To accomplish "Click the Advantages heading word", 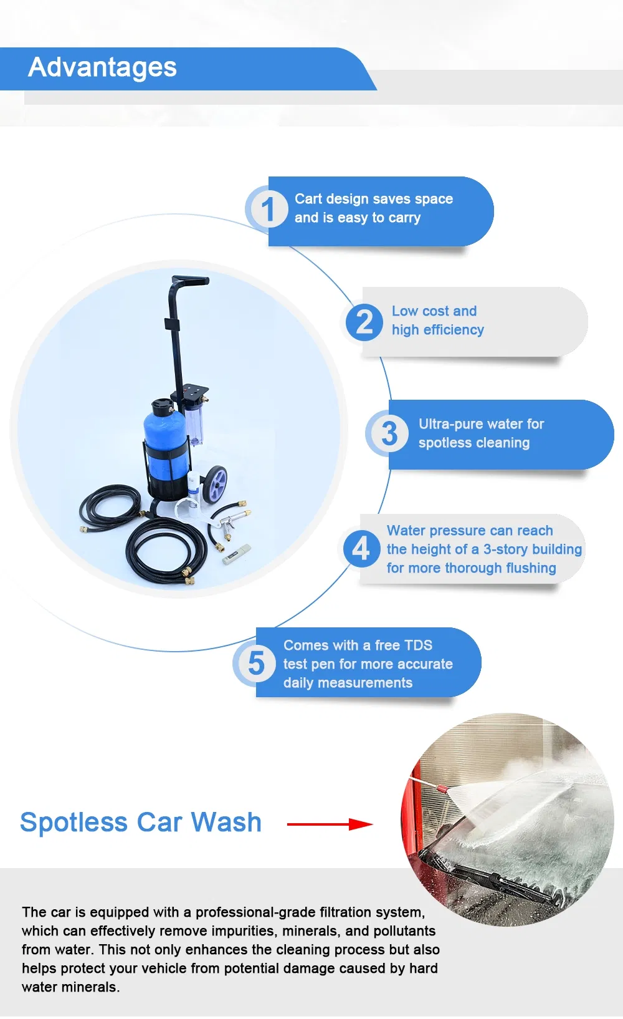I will point(102,67).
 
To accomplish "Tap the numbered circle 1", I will point(267,210).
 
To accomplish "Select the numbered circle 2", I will point(364,322).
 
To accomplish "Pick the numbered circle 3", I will point(389,433).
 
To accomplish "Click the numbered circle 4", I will point(361,549).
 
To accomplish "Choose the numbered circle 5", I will point(256,663).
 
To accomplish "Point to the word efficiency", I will point(454,330).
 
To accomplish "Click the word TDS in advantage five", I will point(417,645).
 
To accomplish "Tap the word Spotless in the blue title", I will point(74,823).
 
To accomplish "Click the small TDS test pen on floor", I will point(237,554).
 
